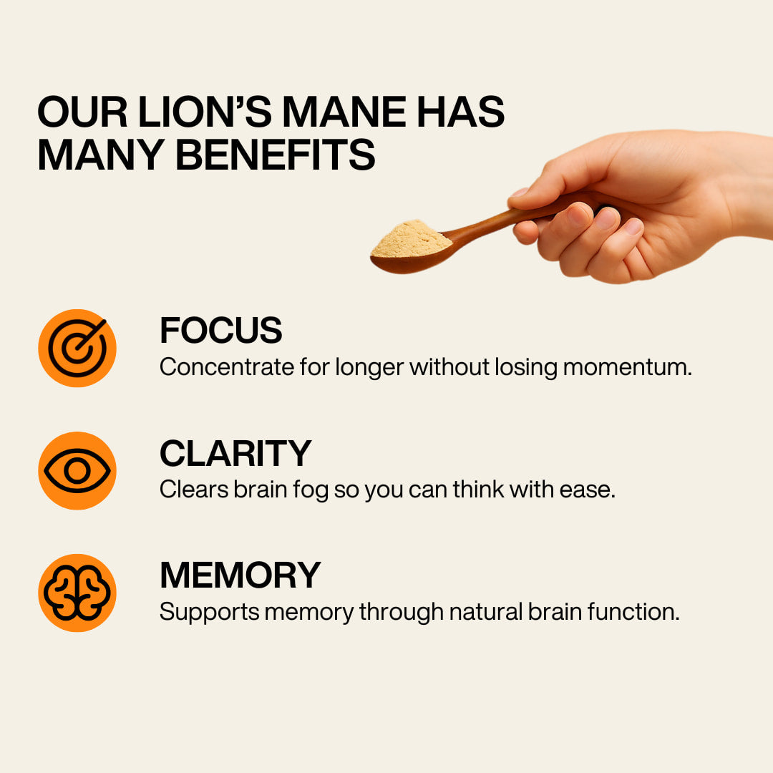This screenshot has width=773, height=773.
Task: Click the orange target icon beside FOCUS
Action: pyautogui.click(x=77, y=348)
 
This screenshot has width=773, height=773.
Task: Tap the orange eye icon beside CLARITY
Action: pyautogui.click(x=77, y=471)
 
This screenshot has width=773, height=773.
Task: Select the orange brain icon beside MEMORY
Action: pyautogui.click(x=77, y=593)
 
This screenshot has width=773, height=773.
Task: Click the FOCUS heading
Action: pyautogui.click(x=221, y=330)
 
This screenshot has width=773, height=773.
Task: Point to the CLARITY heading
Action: pyautogui.click(x=235, y=453)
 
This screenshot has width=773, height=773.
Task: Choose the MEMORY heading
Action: pyautogui.click(x=240, y=575)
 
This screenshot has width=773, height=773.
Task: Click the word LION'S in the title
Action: pyautogui.click(x=205, y=112)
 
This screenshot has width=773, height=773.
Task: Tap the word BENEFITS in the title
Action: pyautogui.click(x=276, y=155)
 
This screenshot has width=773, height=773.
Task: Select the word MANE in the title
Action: pyautogui.click(x=344, y=112)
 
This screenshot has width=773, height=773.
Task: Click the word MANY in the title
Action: pyautogui.click(x=101, y=155)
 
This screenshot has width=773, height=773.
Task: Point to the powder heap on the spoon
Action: pyautogui.click(x=411, y=239)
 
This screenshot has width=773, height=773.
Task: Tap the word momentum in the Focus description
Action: pyautogui.click(x=627, y=367)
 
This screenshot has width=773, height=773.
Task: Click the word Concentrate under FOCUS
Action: pyautogui.click(x=227, y=367)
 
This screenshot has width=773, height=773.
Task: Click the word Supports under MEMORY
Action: pyautogui.click(x=210, y=613)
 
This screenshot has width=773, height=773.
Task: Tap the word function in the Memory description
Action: pyautogui.click(x=633, y=612)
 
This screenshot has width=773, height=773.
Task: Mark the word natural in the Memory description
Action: pyautogui.click(x=485, y=612)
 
